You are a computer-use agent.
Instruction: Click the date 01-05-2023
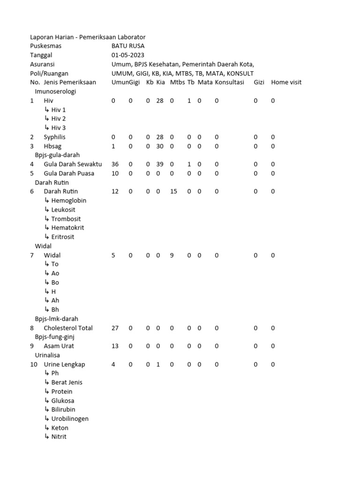point(128,55)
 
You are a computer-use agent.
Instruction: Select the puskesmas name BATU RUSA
point(128,46)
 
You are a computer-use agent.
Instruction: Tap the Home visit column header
point(286,82)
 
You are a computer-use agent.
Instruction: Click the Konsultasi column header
point(230,82)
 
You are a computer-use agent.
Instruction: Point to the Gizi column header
point(259,82)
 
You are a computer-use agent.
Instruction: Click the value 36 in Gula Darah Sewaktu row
point(115,165)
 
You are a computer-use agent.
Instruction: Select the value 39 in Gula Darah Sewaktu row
point(160,165)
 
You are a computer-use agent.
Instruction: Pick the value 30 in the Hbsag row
point(160,146)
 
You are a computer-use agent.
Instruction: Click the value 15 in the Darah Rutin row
point(173,192)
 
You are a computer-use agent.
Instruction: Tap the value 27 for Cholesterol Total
point(115,328)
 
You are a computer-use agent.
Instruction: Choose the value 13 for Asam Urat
point(115,346)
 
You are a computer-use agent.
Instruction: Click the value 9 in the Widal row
point(172,255)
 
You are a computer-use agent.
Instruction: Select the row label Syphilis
point(55,137)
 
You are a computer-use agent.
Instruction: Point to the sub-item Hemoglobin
point(68,201)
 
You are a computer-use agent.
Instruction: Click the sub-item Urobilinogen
point(70,419)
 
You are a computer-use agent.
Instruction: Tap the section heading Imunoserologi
point(55,91)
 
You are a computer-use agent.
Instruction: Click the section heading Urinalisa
point(48,355)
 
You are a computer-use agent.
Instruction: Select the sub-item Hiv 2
point(58,119)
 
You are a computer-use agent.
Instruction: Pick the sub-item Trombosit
point(66,219)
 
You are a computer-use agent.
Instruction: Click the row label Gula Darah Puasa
point(69,173)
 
